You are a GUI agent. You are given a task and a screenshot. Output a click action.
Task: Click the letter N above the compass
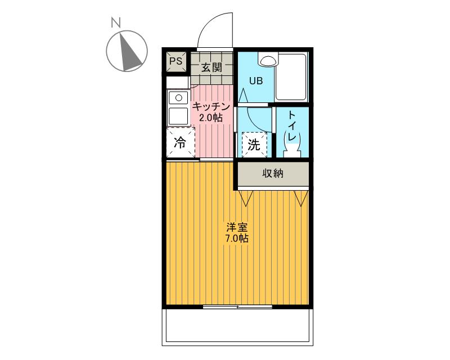(x=116, y=22)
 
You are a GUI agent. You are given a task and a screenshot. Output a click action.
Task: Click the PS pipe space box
(x=175, y=61)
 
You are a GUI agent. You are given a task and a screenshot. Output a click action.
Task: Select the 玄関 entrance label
(x=211, y=67)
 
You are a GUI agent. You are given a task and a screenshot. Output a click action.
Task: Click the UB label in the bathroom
(x=256, y=81)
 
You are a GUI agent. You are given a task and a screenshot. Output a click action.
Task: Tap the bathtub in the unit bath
(x=291, y=76)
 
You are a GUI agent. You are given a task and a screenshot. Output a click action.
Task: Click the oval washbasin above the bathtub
(x=268, y=60)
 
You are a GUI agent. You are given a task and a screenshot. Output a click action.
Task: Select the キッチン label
(x=211, y=106)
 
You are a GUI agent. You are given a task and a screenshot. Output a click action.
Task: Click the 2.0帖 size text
(x=211, y=118)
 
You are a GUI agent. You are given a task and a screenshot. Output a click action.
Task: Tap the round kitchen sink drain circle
(x=178, y=98)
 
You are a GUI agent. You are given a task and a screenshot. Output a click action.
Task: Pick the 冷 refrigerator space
(x=181, y=142)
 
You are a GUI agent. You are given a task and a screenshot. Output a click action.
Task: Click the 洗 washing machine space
(x=254, y=145)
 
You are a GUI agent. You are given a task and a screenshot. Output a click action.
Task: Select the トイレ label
(x=291, y=126)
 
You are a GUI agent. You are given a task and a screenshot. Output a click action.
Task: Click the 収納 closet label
(x=273, y=173)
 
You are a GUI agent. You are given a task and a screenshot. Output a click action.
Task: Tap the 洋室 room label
(x=237, y=227)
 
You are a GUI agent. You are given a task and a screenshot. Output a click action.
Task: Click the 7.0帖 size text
(x=237, y=238)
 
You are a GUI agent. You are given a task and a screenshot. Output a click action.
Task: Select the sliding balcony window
(x=237, y=307)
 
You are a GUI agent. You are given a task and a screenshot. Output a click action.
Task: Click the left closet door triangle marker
(x=245, y=198)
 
